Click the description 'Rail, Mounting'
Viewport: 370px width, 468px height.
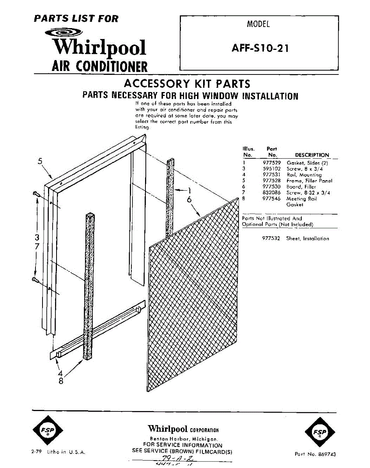click(304, 175)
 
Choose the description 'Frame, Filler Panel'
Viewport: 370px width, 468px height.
click(309, 181)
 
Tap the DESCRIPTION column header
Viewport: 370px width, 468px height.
click(312, 155)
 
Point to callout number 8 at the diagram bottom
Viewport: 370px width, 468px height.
click(61, 381)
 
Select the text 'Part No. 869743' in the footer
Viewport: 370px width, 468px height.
click(315, 454)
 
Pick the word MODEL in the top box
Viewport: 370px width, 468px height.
click(258, 24)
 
